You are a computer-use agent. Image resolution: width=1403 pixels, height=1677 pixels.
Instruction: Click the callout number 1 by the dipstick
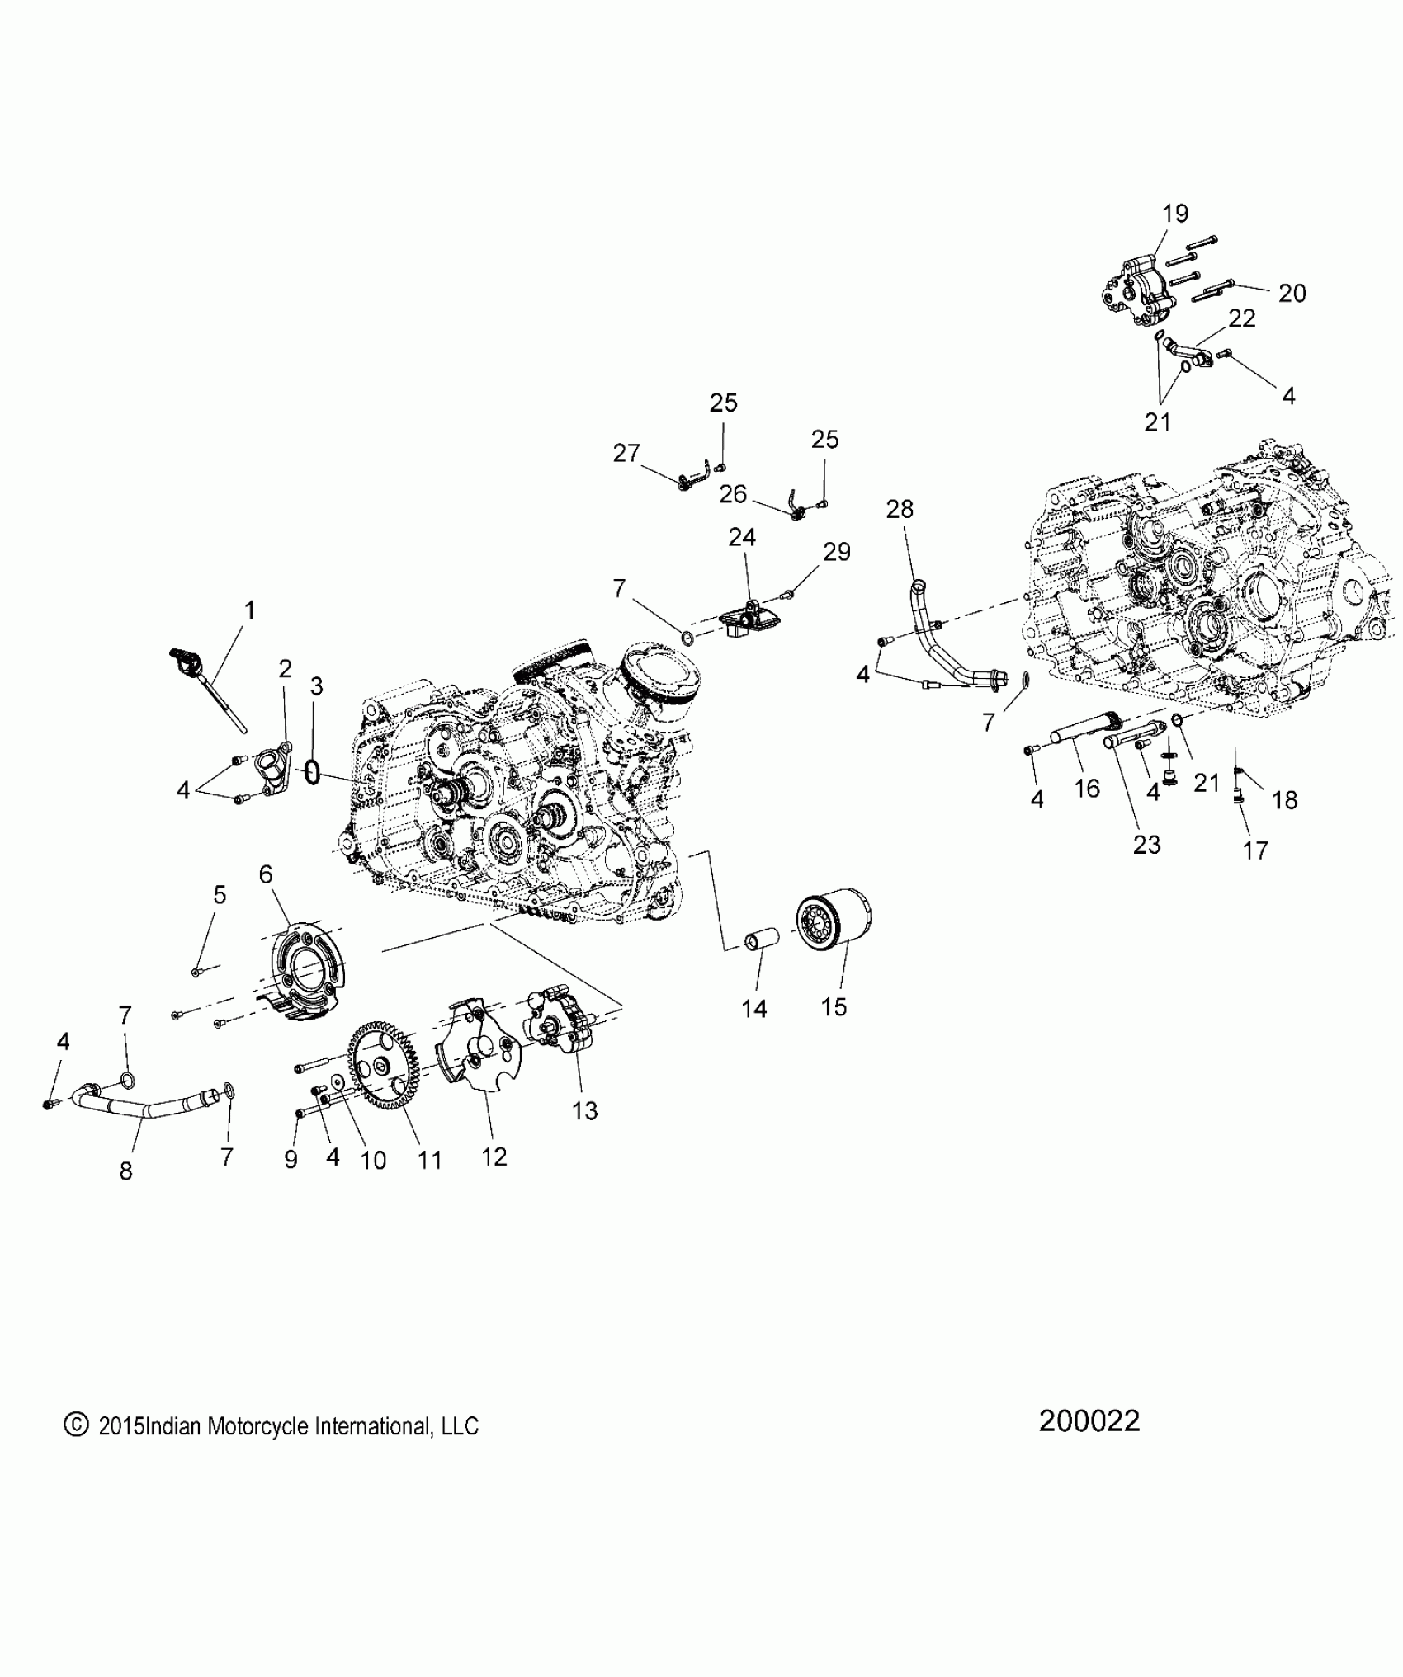[249, 610]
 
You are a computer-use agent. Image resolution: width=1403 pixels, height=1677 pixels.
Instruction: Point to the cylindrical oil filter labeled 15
[834, 922]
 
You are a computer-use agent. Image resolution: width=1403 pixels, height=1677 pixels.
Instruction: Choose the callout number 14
[754, 1007]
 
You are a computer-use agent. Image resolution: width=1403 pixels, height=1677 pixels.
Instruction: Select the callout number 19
[1175, 214]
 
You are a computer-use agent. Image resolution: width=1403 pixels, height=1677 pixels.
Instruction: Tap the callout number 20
[1292, 293]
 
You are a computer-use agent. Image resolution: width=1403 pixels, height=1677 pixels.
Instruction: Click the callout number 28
[900, 509]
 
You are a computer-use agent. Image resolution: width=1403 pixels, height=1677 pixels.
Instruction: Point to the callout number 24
[741, 537]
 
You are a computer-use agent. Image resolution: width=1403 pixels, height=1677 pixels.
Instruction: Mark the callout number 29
[837, 551]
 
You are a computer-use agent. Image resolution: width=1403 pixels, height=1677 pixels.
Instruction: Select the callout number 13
[584, 1110]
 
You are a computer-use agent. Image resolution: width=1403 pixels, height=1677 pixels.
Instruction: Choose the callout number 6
[266, 874]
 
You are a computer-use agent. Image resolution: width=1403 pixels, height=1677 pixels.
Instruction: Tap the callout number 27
[626, 453]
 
